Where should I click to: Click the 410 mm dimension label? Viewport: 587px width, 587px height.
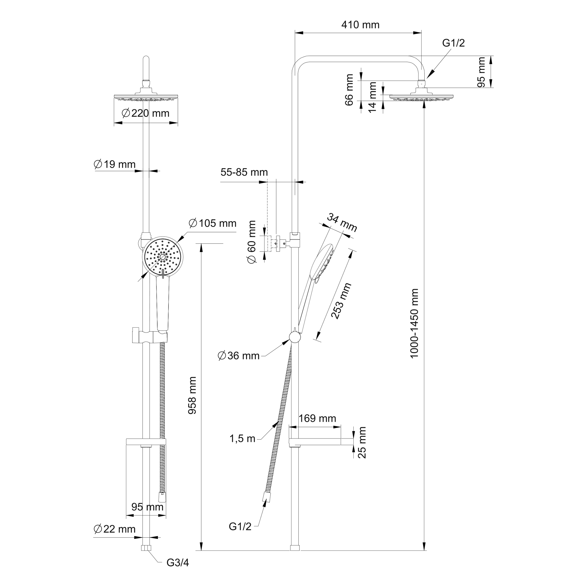(x=360, y=25)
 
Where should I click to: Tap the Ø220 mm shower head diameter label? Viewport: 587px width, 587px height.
(x=146, y=113)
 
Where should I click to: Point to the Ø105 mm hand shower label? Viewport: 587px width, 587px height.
(x=212, y=223)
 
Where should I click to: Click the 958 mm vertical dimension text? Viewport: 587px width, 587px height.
(x=192, y=395)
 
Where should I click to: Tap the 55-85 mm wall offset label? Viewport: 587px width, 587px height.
(x=244, y=172)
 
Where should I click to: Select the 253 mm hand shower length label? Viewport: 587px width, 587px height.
(x=341, y=300)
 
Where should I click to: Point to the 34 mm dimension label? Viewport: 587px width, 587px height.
(x=342, y=222)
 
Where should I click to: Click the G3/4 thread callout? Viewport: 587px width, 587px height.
(x=178, y=563)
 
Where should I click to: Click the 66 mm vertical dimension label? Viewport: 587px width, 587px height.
(x=350, y=90)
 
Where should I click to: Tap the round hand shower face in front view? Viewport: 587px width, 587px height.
(x=163, y=257)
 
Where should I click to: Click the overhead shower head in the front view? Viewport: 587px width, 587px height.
(x=146, y=97)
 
